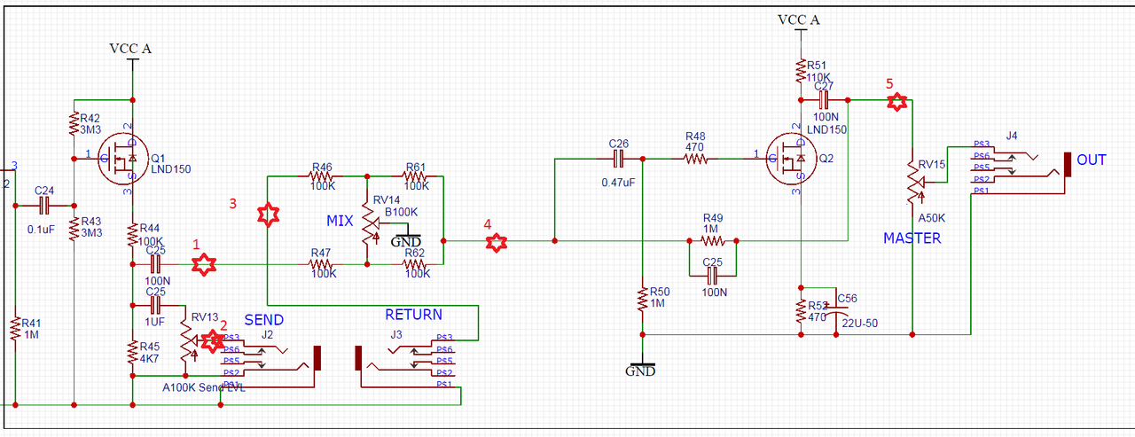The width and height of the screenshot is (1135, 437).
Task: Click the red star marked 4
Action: pyautogui.click(x=497, y=241)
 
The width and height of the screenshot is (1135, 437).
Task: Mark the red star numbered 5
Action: pyautogui.click(x=897, y=102)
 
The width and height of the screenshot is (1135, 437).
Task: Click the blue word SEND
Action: pyautogui.click(x=263, y=319)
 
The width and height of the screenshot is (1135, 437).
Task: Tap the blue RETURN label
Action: pyautogui.click(x=413, y=315)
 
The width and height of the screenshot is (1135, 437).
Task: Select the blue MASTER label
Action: pyautogui.click(x=912, y=238)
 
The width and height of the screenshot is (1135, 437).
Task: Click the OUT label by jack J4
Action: pyautogui.click(x=1092, y=160)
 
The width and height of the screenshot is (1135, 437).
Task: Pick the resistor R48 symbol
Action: pyautogui.click(x=696, y=160)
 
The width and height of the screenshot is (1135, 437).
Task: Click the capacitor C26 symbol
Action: pyautogui.click(x=619, y=160)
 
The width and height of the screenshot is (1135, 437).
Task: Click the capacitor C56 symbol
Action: pyautogui.click(x=835, y=311)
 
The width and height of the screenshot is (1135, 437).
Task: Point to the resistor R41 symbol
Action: pyautogui.click(x=15, y=331)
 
